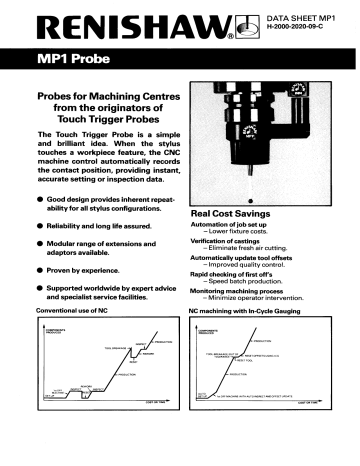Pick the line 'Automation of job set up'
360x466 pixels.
(x=228, y=224)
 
